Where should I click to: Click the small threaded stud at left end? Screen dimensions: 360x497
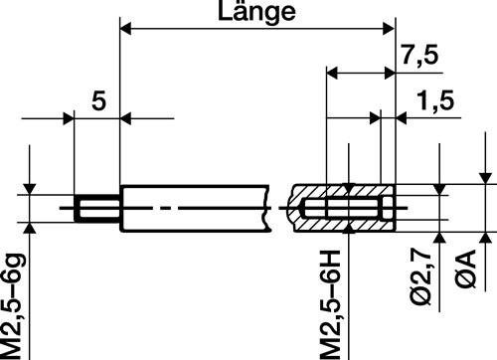[95, 209]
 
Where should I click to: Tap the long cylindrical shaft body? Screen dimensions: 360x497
[194, 209]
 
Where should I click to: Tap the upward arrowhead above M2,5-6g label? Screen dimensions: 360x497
[32, 229]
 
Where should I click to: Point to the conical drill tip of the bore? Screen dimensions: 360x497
[299, 209]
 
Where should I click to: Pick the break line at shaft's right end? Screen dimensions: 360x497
[270, 209]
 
